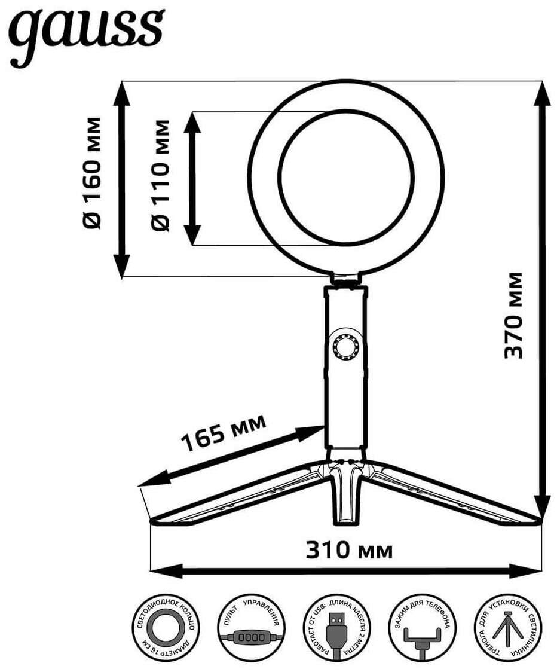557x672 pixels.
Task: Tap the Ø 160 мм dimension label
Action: pos(93,173)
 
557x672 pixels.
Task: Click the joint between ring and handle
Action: pos(347,279)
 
